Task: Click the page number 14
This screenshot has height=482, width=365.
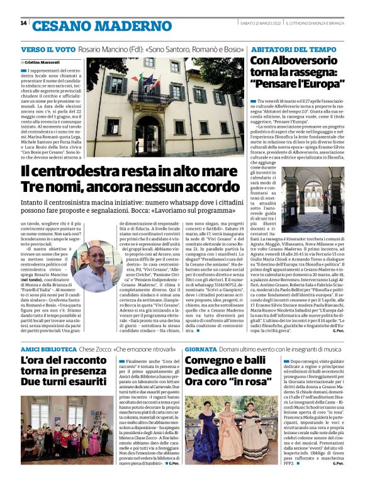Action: click(23, 23)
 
